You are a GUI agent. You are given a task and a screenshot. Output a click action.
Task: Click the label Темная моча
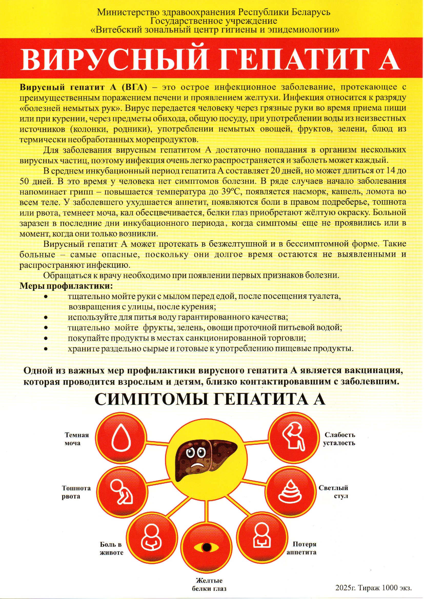76,439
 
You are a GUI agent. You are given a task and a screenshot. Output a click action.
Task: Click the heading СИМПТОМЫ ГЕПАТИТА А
210,399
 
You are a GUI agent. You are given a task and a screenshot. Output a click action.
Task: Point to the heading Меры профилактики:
66,286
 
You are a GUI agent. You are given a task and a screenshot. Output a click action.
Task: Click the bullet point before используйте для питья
46,317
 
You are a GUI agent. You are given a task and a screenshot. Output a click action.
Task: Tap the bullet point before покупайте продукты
46,338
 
